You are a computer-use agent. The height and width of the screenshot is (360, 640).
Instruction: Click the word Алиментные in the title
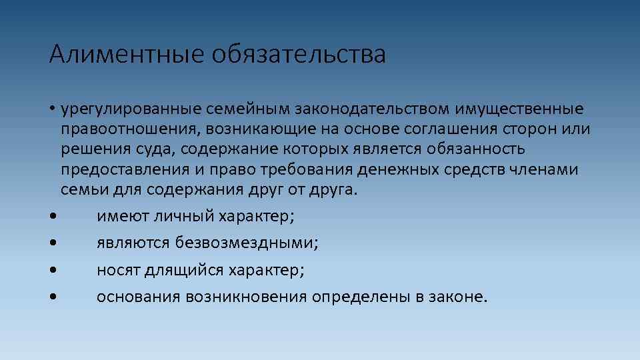125,55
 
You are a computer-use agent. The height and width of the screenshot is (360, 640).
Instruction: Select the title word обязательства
299,55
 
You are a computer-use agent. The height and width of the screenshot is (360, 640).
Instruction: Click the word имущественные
520,109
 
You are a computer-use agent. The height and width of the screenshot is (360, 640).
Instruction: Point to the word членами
546,169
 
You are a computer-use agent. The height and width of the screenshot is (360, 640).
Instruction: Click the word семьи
79,190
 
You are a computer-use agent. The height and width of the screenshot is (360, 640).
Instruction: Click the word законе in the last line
461,297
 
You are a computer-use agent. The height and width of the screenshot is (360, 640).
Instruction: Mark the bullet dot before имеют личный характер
52,217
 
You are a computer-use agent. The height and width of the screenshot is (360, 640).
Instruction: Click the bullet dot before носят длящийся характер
52,270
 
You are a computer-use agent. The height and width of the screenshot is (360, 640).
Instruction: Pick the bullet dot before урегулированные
52,109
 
